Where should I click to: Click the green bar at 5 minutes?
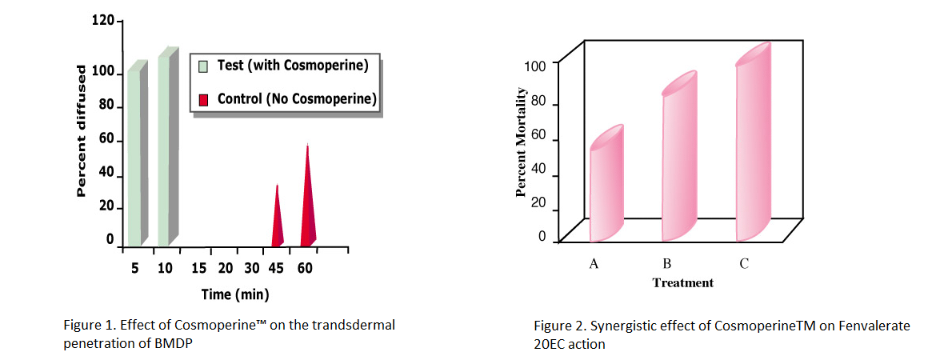(134, 160)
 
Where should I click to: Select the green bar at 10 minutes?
(163, 156)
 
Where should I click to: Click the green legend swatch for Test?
(203, 66)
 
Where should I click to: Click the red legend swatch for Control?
(203, 100)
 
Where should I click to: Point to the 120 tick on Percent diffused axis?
(103, 22)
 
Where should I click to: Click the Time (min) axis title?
(235, 294)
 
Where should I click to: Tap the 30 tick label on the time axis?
(252, 269)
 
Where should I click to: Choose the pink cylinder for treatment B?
(678, 160)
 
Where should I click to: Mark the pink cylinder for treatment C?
(753, 148)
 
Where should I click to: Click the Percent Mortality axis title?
(521, 145)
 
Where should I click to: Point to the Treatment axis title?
(682, 282)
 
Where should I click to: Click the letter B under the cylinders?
(666, 264)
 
